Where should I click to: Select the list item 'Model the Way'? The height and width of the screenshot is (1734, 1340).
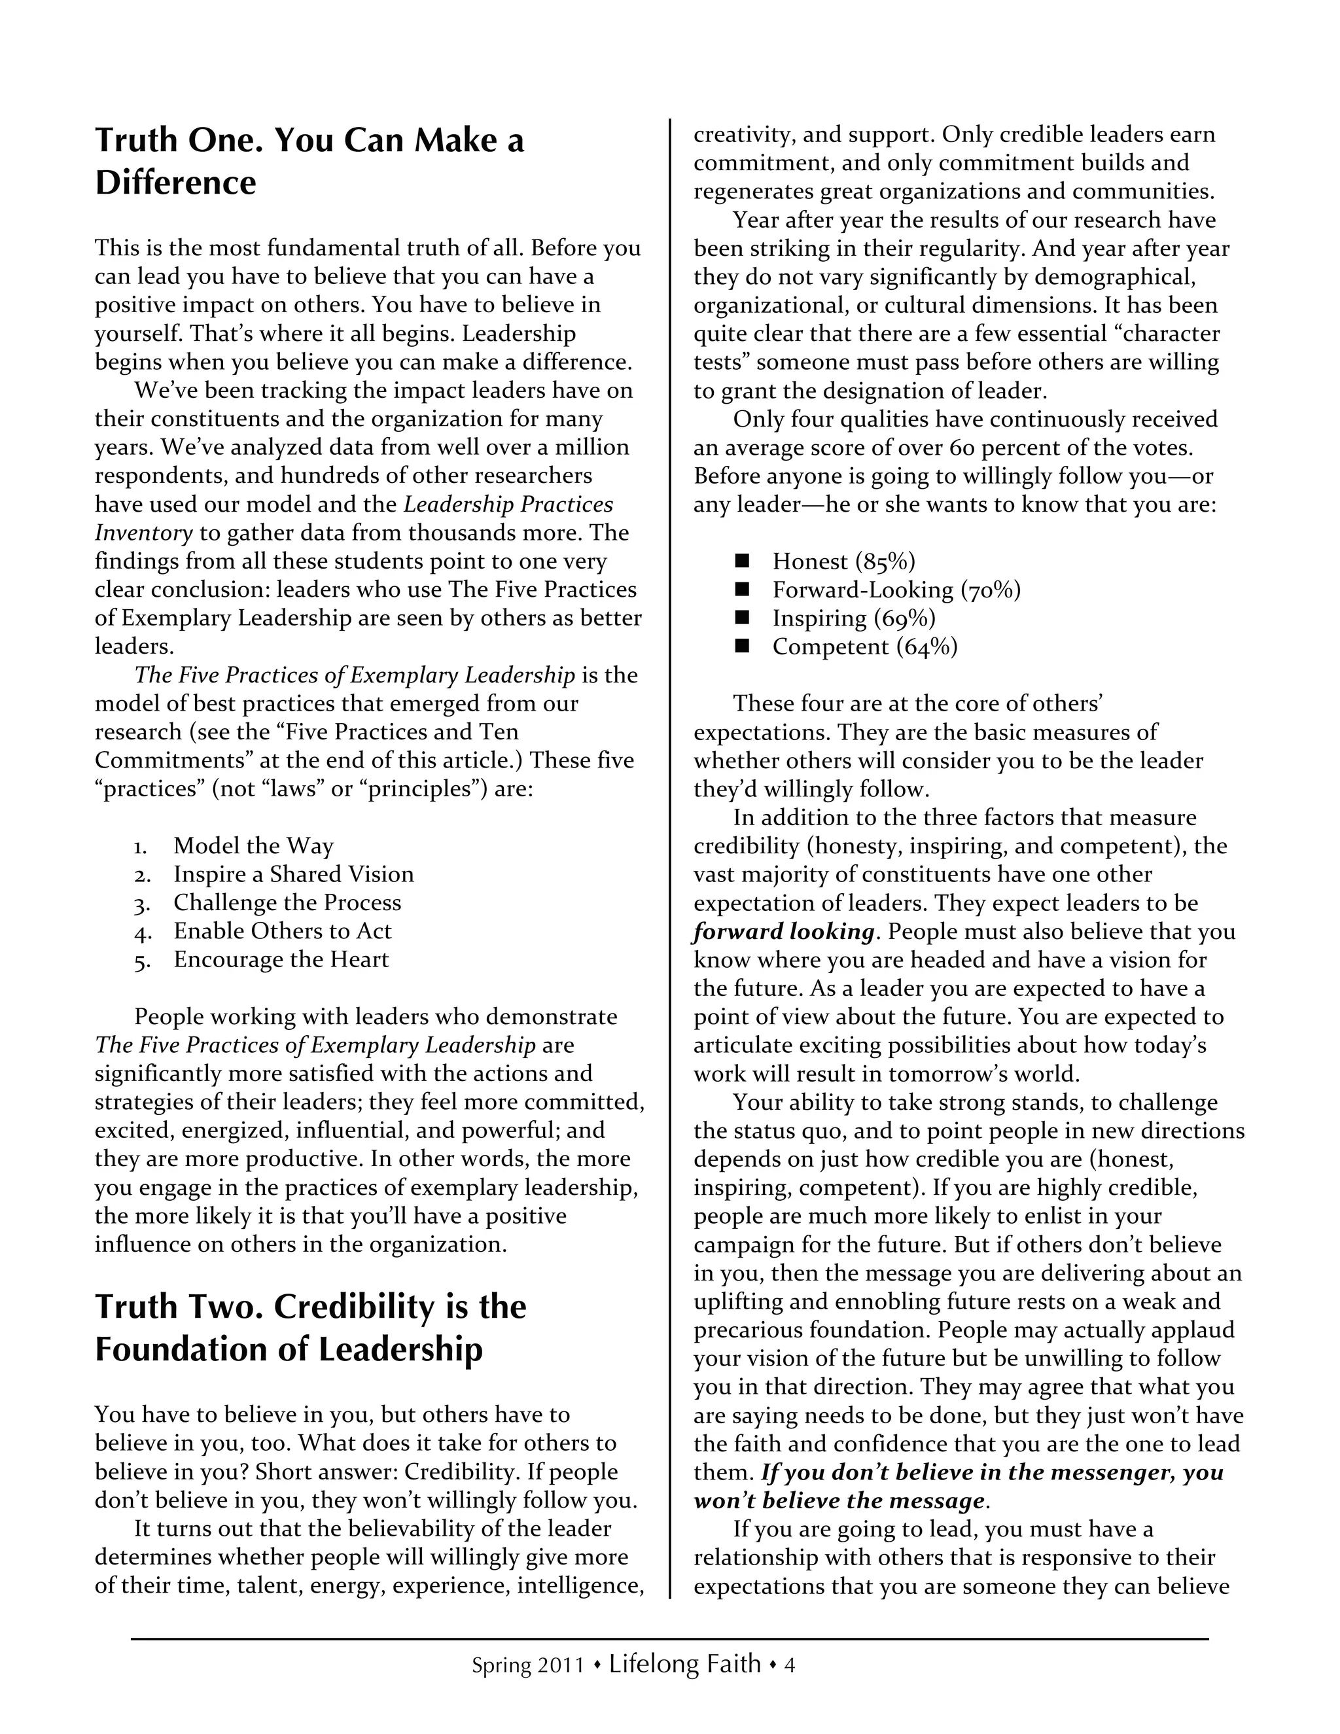coord(253,845)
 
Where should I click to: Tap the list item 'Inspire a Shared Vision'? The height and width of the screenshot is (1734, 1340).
coord(294,874)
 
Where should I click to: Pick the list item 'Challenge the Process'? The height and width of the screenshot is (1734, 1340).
coord(287,903)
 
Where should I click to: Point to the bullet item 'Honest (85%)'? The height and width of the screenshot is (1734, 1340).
coord(844,561)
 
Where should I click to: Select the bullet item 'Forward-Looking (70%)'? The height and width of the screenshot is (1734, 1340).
coord(896,590)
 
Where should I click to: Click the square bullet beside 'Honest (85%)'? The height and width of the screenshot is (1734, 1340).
coord(742,561)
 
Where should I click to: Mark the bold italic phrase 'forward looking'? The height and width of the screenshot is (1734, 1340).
coord(783,931)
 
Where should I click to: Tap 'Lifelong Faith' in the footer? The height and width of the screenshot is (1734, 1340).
coord(685,1663)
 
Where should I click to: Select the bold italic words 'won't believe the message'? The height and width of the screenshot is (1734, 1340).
coord(839,1500)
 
